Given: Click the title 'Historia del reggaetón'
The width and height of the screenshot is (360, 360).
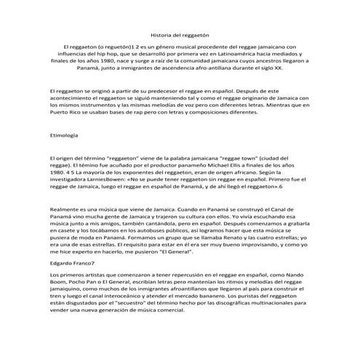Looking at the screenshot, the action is pos(180,34).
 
